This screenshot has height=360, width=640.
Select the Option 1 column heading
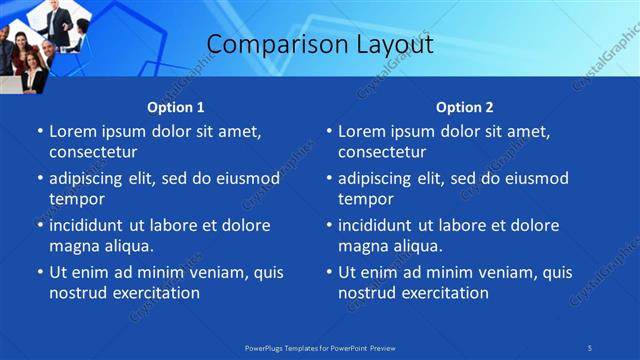coord(176,107)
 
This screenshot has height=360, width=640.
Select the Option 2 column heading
coord(465,107)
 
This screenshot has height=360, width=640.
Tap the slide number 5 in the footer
coord(590,347)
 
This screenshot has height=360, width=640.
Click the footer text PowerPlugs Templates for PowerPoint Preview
coord(320,347)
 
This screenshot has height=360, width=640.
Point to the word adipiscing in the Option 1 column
coord(93,179)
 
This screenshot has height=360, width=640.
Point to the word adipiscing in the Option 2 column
coord(382,179)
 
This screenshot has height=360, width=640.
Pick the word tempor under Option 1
coord(75,199)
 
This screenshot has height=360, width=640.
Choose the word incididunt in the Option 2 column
coord(383,226)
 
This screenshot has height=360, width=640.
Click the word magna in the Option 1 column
coord(73,246)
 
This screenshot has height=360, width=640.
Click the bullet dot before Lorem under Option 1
coord(40,132)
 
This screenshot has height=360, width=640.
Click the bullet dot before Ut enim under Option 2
coord(329,273)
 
